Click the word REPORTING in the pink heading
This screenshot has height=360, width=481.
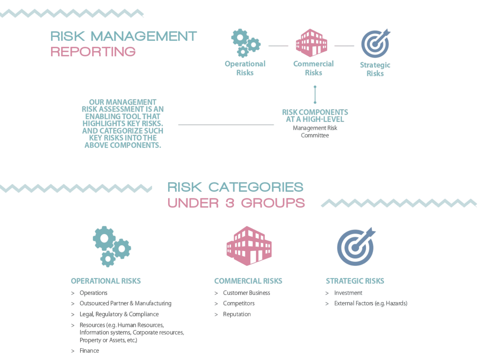[93, 52]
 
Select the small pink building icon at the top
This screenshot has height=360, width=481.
[311, 43]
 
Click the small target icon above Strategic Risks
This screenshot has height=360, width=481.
[375, 43]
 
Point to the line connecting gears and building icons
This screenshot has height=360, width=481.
[278, 46]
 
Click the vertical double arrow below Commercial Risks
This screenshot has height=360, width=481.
[315, 94]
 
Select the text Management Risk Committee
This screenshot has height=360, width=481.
[315, 132]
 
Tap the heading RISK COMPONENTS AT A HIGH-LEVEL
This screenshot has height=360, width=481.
[315, 116]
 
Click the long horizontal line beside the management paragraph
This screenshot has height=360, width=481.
[226, 125]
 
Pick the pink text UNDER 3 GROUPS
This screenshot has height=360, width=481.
[236, 203]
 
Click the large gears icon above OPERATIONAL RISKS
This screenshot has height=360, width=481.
[112, 246]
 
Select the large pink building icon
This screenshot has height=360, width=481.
[249, 246]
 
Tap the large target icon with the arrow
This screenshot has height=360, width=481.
[356, 247]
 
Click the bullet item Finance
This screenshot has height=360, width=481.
[90, 351]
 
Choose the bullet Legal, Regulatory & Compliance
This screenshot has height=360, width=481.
[119, 314]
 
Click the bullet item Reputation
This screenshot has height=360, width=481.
[237, 314]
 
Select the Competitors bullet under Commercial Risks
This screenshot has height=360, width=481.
[239, 303]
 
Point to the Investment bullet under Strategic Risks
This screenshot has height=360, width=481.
[348, 293]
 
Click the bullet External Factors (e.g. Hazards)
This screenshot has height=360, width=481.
[371, 303]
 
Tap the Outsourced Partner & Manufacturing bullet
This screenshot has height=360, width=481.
[125, 303]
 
